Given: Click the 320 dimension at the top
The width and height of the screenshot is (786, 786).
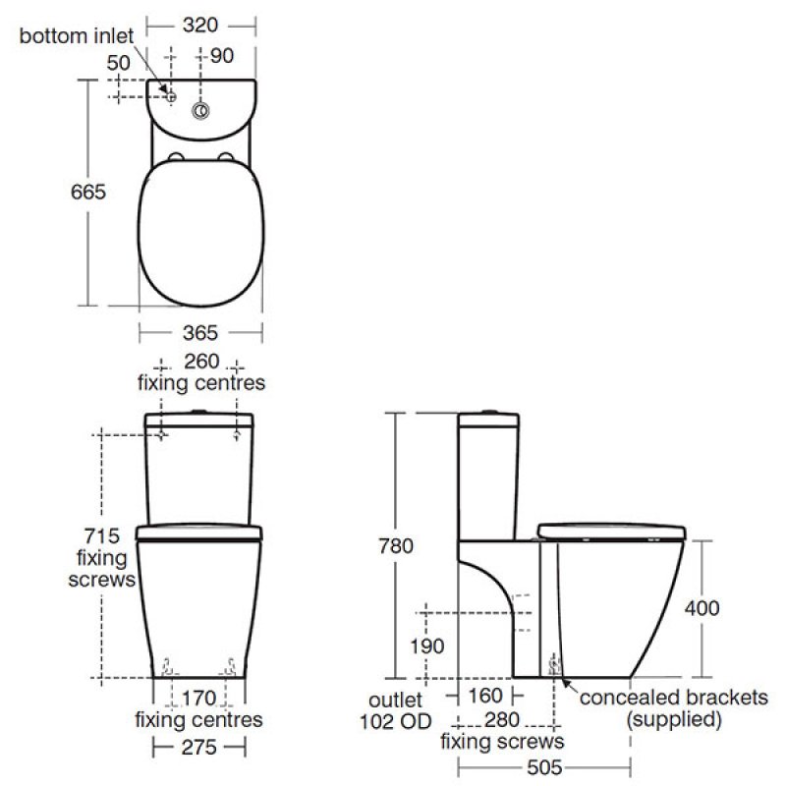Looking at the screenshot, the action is pyautogui.click(x=200, y=25).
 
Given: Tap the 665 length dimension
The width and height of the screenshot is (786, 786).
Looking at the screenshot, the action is pyautogui.click(x=88, y=192).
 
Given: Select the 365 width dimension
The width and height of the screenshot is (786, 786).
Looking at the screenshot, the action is pyautogui.click(x=200, y=332).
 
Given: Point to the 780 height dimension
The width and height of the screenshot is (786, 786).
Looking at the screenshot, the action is pyautogui.click(x=396, y=545).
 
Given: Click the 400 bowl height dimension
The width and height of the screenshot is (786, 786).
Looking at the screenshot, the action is pyautogui.click(x=702, y=607).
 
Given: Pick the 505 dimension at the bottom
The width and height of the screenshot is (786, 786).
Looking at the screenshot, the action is pyautogui.click(x=544, y=767).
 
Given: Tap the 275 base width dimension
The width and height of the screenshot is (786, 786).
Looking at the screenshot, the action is pyautogui.click(x=199, y=747).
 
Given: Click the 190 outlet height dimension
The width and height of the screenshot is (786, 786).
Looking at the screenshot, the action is pyautogui.click(x=426, y=646).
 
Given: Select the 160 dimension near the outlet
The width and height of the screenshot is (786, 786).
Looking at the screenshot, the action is pyautogui.click(x=484, y=696).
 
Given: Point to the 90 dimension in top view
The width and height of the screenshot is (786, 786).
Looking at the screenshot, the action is pyautogui.click(x=222, y=56).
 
